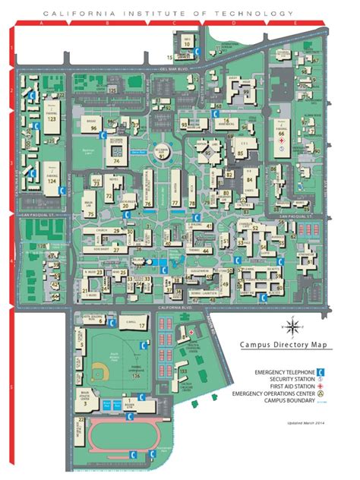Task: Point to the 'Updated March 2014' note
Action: click(x=306, y=422)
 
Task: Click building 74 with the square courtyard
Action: click(x=118, y=156)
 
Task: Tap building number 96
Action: click(x=93, y=127)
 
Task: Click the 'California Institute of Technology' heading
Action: click(x=169, y=14)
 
